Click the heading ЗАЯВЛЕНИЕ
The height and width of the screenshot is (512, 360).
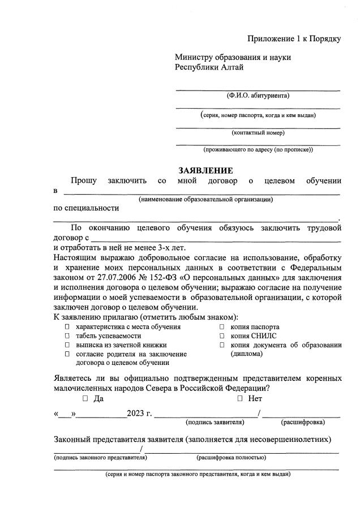click(205, 170)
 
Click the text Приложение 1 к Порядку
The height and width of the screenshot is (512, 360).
click(294, 38)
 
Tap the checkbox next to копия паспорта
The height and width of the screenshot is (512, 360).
click(222, 327)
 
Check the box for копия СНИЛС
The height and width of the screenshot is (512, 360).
click(222, 336)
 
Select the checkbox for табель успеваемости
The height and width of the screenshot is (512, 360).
click(67, 336)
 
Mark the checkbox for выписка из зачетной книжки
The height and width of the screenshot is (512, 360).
click(67, 345)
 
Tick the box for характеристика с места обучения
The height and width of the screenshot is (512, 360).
click(67, 327)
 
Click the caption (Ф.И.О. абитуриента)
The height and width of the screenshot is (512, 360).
click(258, 96)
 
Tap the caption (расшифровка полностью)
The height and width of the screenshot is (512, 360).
click(231, 457)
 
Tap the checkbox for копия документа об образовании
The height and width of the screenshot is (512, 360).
click(222, 345)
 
